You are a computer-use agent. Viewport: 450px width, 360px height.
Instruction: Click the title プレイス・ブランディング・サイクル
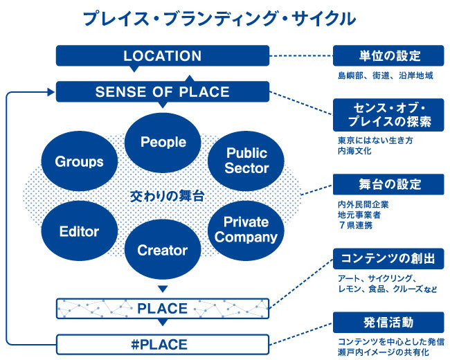[x=219, y=19]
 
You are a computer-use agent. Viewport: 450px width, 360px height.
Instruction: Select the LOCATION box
[x=162, y=56]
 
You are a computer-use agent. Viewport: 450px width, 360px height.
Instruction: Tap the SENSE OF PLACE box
[x=162, y=92]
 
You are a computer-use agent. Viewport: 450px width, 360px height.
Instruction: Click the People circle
[x=163, y=143]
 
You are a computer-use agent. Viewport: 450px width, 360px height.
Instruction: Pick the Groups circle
[x=78, y=162]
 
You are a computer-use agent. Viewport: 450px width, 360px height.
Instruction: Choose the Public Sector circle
[x=247, y=160]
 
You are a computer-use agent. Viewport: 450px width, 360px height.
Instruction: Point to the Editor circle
[x=79, y=232]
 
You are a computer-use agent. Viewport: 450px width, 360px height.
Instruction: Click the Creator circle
[x=163, y=250]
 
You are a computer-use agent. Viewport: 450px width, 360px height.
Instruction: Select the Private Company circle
[x=246, y=229]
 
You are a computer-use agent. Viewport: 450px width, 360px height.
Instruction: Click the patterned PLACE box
[x=162, y=307]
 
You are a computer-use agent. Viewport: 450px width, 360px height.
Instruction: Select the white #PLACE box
[x=162, y=343]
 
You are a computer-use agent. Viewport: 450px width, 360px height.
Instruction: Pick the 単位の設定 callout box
[x=387, y=55]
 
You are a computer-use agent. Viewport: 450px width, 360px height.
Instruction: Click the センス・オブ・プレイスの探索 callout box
[x=387, y=115]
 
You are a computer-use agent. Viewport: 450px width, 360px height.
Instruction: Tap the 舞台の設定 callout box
[x=387, y=185]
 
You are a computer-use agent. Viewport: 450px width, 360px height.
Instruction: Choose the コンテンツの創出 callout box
[x=387, y=259]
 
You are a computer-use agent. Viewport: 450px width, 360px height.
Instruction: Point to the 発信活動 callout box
[x=387, y=323]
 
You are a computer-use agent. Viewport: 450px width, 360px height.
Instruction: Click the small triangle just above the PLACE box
[x=163, y=289]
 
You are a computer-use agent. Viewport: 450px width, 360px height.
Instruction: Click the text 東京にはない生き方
[x=365, y=139]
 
